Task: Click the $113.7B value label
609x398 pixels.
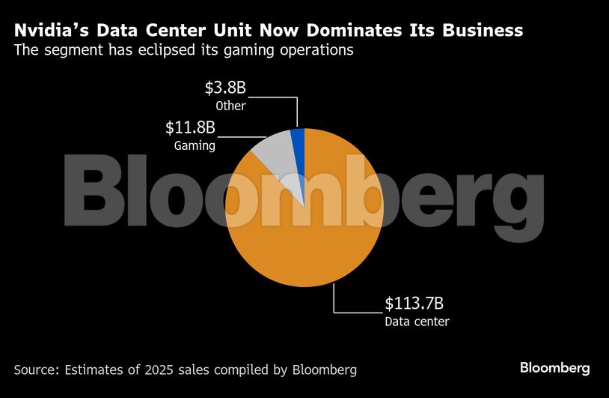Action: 414,304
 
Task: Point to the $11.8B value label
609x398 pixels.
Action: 190,127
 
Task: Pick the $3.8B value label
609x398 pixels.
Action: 225,88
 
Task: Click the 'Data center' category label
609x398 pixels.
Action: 417,322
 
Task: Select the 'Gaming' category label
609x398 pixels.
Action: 195,145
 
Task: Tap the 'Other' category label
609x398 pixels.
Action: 230,106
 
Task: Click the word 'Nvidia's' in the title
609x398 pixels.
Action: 49,31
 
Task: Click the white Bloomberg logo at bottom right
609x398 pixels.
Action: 554,368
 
